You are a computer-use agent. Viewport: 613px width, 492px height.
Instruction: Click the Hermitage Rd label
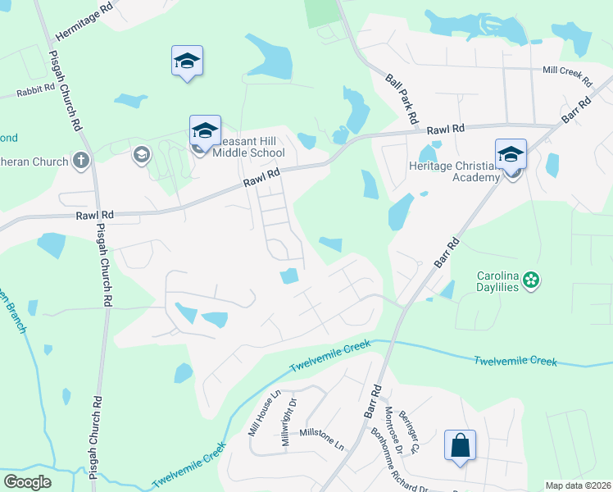[84, 22]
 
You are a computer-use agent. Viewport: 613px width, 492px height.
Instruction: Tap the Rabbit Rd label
[35, 90]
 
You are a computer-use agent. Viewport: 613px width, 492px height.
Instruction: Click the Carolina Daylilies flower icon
[531, 280]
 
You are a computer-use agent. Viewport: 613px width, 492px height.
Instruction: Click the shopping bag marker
[460, 446]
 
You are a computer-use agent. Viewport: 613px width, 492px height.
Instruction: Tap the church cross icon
[80, 160]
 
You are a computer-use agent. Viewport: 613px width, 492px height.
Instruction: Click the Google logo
[28, 482]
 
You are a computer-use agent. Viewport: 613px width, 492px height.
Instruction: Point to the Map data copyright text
[578, 485]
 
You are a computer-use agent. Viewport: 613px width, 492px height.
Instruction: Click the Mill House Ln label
[265, 412]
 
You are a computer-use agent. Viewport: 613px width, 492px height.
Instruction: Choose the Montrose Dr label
[394, 432]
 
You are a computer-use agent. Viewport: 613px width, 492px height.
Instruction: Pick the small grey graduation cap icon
[141, 153]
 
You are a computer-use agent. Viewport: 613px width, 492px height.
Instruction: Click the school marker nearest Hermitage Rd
[187, 61]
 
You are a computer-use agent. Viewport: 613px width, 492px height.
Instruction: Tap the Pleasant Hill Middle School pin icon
[205, 131]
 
